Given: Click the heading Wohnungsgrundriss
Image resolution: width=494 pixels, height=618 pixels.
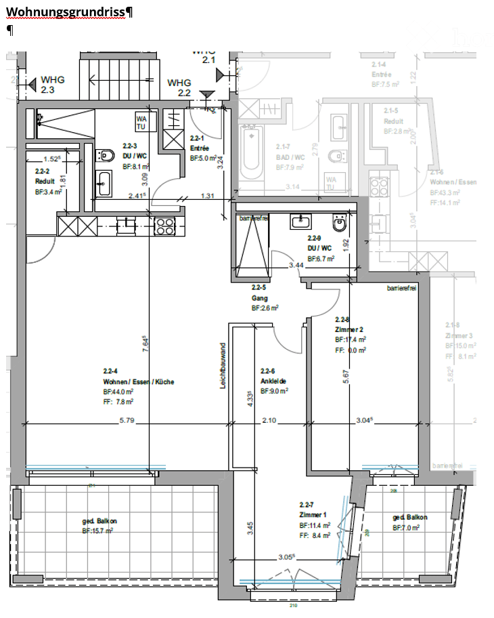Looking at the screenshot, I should [x=67, y=12].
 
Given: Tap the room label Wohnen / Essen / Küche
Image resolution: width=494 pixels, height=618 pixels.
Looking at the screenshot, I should [x=129, y=382].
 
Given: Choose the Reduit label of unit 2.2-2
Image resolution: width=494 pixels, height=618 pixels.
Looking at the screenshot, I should [x=45, y=182].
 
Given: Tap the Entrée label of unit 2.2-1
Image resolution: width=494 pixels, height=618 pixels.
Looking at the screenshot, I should [x=199, y=148].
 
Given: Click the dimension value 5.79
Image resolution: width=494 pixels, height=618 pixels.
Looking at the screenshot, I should [x=127, y=420].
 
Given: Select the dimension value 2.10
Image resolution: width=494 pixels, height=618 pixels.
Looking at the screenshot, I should [x=269, y=420].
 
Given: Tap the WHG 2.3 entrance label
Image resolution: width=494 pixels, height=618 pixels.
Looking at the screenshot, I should [x=52, y=84].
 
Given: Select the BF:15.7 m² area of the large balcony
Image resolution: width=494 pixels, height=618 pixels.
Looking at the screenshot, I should [x=97, y=531].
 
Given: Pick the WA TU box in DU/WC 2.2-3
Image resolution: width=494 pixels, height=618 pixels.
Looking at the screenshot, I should [x=141, y=122].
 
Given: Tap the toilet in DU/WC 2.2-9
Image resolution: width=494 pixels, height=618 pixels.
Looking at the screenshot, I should [x=339, y=223].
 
